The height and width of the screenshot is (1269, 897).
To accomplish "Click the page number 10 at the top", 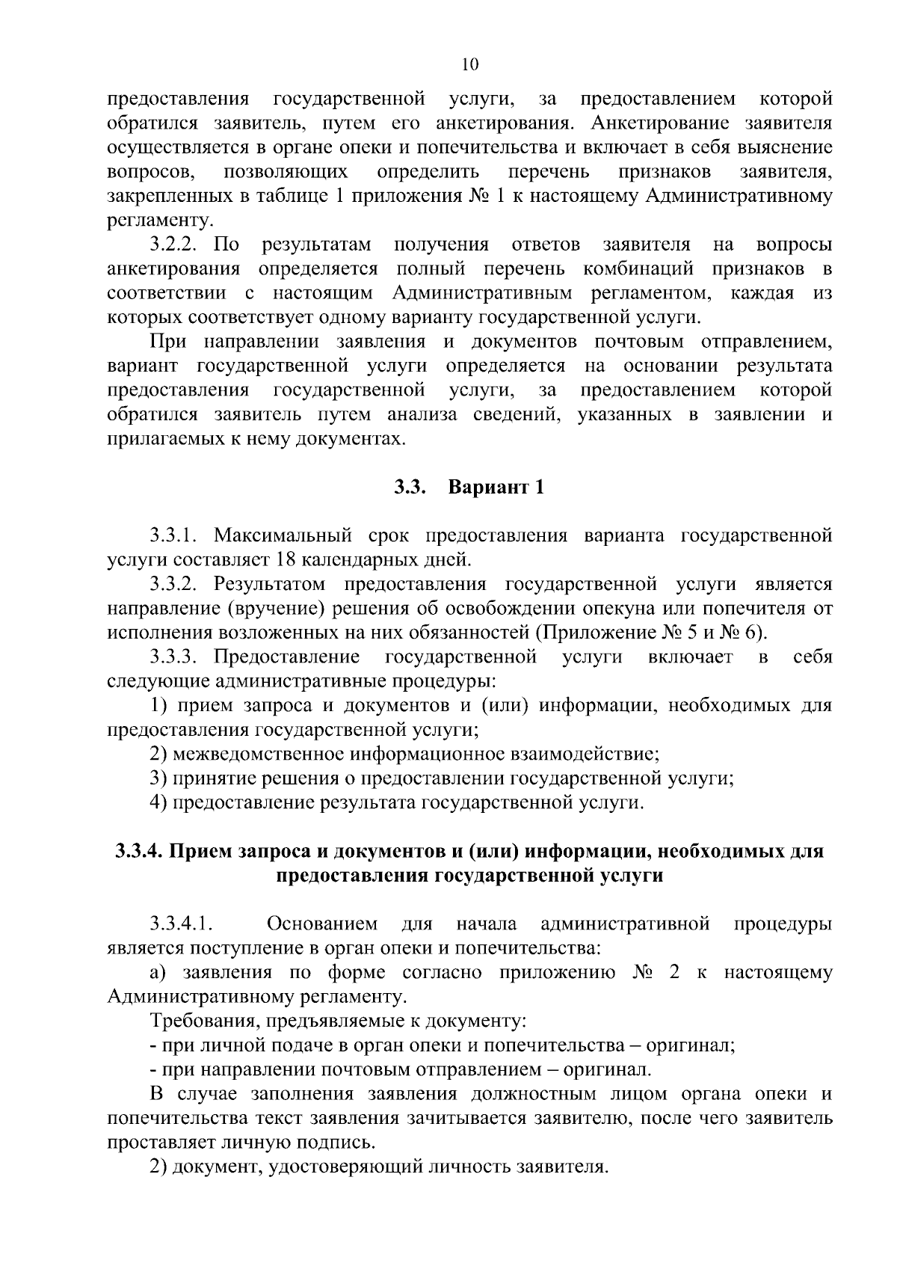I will click(x=469, y=64).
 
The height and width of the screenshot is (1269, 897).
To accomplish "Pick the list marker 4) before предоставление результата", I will click(x=158, y=802).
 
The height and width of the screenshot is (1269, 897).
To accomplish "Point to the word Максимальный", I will click(x=283, y=535).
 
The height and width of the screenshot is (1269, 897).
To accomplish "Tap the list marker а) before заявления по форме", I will click(x=157, y=973).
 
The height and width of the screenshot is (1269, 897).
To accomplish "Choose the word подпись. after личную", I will click(x=341, y=1143).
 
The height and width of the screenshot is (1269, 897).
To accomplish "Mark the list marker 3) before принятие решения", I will click(x=158, y=778).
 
